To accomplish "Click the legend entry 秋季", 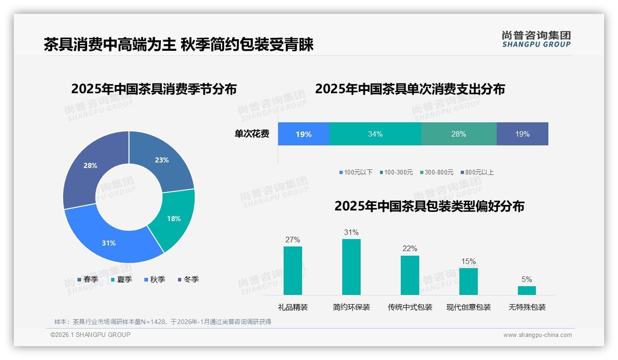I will (x=154, y=279).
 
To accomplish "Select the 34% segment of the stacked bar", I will (x=375, y=134).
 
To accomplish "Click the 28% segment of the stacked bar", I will (x=458, y=134).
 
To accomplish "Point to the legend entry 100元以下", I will (x=356, y=172).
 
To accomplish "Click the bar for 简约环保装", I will (x=351, y=267).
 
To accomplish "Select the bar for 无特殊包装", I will (x=527, y=290).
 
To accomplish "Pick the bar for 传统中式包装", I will (x=410, y=275).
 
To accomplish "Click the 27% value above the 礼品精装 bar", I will (x=292, y=240).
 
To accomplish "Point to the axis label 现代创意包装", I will (x=468, y=307).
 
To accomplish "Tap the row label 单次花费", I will (x=252, y=134).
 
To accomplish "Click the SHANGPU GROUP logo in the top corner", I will (x=536, y=39).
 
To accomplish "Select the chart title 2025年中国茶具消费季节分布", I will (x=154, y=89).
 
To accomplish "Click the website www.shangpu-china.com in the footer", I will (x=537, y=335).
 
